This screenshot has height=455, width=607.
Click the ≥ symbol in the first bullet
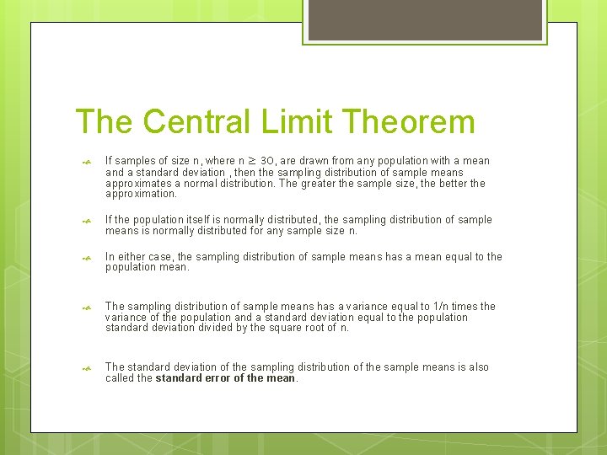click(250, 161)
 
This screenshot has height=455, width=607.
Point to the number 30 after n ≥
click(266, 161)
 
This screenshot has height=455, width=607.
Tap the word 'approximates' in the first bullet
click(137, 183)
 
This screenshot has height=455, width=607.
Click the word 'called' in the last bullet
click(118, 378)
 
